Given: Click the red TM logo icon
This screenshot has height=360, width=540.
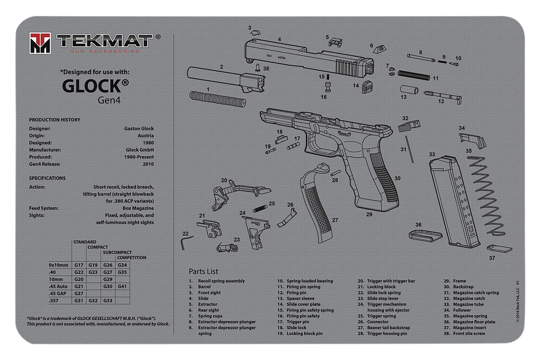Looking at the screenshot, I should [x=40, y=42].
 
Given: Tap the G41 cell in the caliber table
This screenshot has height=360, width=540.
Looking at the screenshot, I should [x=122, y=286].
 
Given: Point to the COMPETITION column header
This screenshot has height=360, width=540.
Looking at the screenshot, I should [x=131, y=258].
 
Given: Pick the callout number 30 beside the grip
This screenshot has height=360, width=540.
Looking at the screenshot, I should [x=398, y=178].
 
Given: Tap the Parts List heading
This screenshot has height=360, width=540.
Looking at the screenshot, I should [x=203, y=272].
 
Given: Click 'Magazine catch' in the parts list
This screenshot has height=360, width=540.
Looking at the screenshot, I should [x=469, y=298].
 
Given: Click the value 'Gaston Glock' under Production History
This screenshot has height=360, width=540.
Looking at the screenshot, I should [x=139, y=129].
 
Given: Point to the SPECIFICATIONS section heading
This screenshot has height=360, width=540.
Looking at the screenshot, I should [x=47, y=178].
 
